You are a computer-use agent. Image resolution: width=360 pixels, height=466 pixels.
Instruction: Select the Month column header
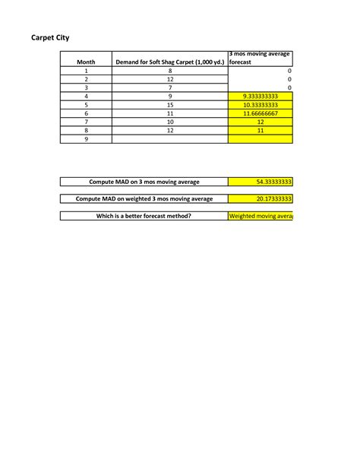coord(86,62)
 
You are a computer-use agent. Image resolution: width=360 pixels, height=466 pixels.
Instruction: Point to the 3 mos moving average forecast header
coord(260,58)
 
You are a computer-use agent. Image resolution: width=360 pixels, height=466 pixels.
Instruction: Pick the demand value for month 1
coord(170,71)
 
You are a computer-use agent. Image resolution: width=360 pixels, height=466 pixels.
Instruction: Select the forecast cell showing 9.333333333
coord(261,96)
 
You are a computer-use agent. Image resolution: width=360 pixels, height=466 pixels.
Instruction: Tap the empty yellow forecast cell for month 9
coord(261,139)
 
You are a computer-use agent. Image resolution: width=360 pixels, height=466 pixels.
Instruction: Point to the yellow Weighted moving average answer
coord(261,216)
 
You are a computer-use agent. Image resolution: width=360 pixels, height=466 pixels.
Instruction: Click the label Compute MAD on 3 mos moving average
coord(144,182)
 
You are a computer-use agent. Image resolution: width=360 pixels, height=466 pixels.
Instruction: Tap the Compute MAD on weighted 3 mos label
coord(144,199)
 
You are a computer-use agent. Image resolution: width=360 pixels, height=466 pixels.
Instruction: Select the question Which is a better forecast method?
coord(144,216)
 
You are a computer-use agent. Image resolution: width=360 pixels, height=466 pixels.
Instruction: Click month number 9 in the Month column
coord(86,139)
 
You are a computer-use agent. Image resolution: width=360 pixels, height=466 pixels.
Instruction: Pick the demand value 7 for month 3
coord(170,87)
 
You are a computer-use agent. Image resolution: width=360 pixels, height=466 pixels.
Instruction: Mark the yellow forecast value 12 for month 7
coord(261,122)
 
